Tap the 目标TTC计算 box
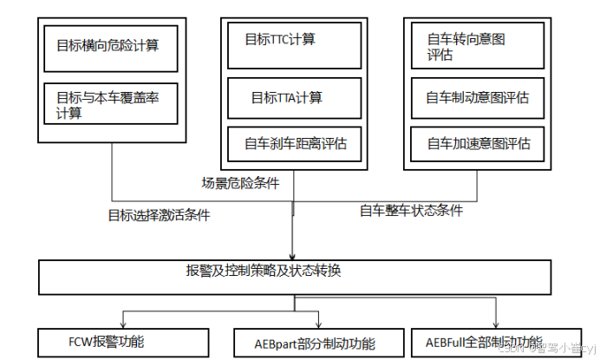point(293,41)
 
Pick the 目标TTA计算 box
point(293,97)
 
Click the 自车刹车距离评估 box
point(293,144)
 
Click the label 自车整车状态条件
point(411,210)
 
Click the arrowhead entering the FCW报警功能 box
point(122,324)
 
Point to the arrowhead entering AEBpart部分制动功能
point(321,324)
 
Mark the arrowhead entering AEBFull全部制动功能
point(497,324)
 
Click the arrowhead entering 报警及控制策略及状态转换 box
point(293,252)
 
